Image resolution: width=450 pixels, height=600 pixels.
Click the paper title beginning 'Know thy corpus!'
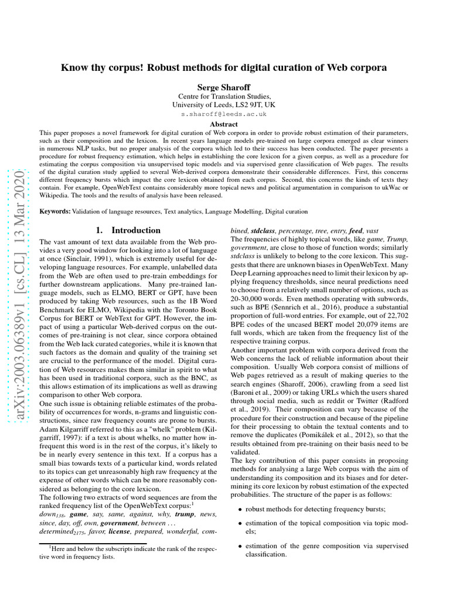[x=224, y=67]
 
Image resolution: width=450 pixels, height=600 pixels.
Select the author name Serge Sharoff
[x=224, y=86]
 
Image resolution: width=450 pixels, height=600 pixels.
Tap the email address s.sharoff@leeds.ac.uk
[x=224, y=114]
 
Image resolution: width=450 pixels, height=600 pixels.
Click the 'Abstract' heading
[x=224, y=124]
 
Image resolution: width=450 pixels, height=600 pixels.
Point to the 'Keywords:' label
[x=54, y=211]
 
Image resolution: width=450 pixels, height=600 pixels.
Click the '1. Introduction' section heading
[x=127, y=230]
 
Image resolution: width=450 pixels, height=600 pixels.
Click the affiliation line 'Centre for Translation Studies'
[x=224, y=96]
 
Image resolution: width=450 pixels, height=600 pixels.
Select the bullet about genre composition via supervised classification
[x=326, y=550]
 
